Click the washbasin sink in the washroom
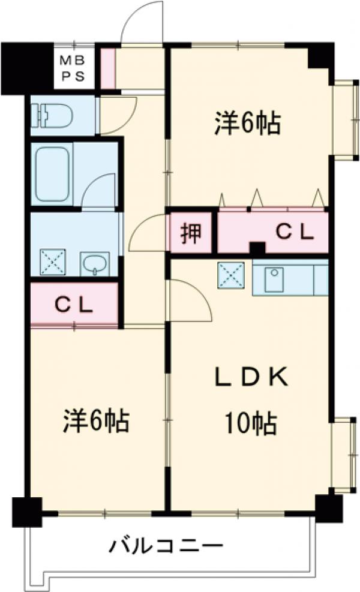coord(94,263)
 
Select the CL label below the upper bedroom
coord(294,232)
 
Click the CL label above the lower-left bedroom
coord(74,305)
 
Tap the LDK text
coord(253,378)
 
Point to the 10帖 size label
coord(251,425)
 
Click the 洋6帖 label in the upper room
coord(248,124)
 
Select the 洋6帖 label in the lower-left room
coord(96,422)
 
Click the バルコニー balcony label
coord(166,546)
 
